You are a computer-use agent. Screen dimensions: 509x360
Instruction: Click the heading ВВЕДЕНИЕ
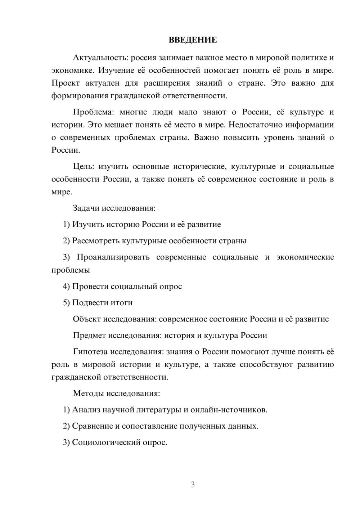[x=193, y=40]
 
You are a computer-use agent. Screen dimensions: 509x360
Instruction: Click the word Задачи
[x=86, y=208]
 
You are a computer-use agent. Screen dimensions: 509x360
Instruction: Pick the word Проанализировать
[x=113, y=257]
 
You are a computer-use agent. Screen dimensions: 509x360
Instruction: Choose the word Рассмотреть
[x=96, y=241]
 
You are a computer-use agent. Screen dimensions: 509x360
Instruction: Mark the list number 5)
[x=66, y=303]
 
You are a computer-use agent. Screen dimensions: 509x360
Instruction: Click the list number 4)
[x=66, y=287]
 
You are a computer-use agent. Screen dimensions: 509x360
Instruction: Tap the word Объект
[x=87, y=319]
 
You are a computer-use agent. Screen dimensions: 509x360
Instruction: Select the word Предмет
[x=89, y=335]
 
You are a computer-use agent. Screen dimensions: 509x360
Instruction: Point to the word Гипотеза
[x=90, y=352]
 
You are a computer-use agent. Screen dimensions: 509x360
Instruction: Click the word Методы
[x=88, y=393]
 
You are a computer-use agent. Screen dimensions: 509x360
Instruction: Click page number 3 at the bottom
[x=193, y=485]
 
